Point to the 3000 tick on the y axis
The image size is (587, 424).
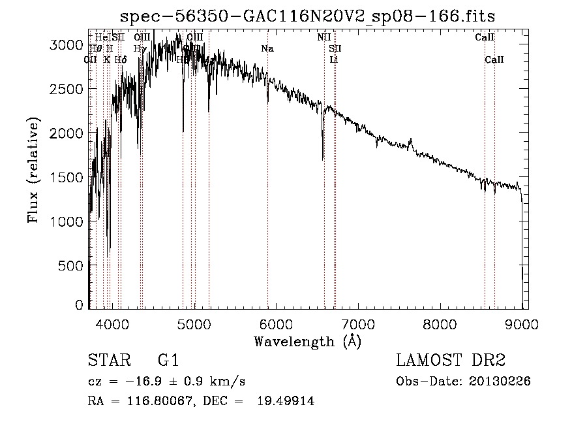(x=67, y=44)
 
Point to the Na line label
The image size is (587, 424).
(x=267, y=48)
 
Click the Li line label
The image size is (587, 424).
(x=333, y=59)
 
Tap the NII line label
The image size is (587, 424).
(x=324, y=37)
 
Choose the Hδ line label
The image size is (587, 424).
(x=120, y=59)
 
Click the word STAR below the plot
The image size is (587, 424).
(x=108, y=361)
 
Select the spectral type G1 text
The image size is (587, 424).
(x=168, y=361)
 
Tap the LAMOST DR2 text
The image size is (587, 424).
(x=451, y=361)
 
